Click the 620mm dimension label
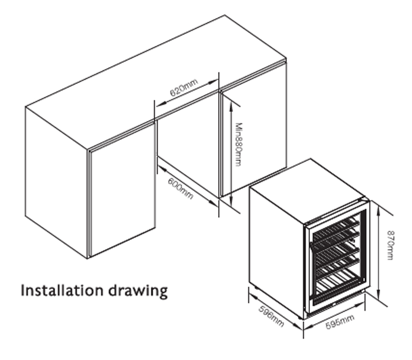pos(184,89)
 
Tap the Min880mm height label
pos(238,144)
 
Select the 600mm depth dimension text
pos(181,189)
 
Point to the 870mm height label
pos(391,245)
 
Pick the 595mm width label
pos(340,322)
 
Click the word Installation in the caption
pos(62,290)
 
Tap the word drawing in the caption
pos(138,292)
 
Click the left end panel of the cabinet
pos(57,181)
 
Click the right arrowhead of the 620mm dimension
pos(213,82)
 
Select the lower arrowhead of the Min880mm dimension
pos(231,201)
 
